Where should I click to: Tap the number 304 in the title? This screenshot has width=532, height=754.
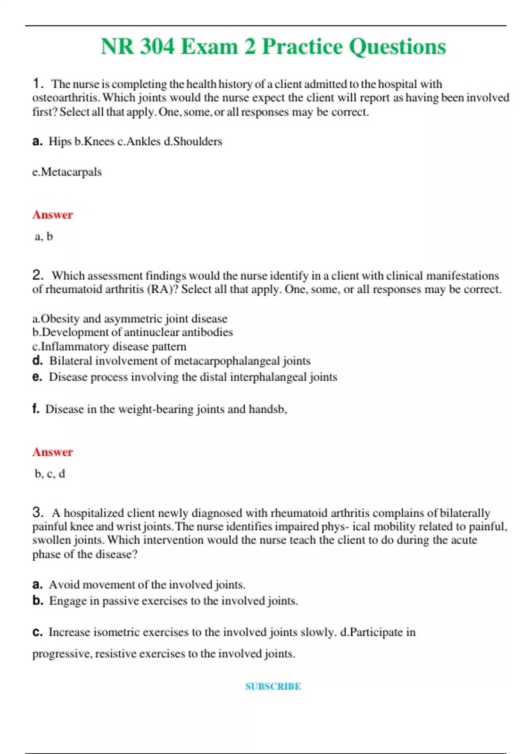[157, 47]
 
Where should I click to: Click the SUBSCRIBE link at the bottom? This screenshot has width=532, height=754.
[273, 686]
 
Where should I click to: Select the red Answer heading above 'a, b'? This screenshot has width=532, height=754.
[52, 215]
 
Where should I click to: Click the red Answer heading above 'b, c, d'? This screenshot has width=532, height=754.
[52, 452]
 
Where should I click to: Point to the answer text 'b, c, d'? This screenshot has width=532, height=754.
[50, 474]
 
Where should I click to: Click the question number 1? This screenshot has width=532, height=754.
[38, 83]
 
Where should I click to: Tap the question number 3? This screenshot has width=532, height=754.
[38, 512]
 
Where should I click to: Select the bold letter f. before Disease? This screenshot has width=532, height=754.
[36, 409]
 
